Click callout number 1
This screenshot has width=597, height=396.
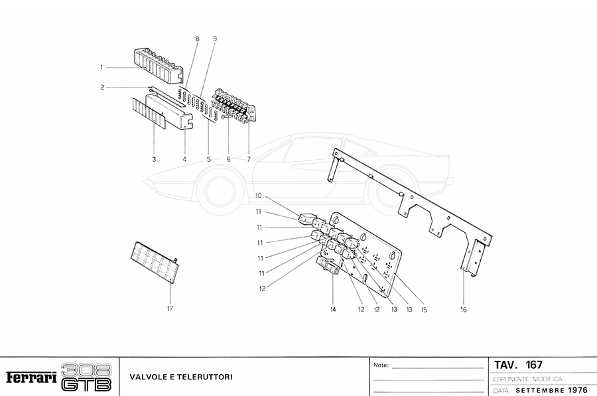tap(101, 67)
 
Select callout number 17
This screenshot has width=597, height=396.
tap(170, 308)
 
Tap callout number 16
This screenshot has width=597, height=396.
tap(463, 309)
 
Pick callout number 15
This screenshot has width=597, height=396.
tap(423, 309)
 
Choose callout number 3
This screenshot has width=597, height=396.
tap(154, 159)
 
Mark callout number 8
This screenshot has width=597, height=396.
tap(197, 40)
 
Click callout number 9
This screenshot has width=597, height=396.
tap(215, 40)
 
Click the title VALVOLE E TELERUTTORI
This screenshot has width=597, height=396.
tap(180, 377)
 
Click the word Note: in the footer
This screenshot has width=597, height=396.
tap(381, 365)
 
